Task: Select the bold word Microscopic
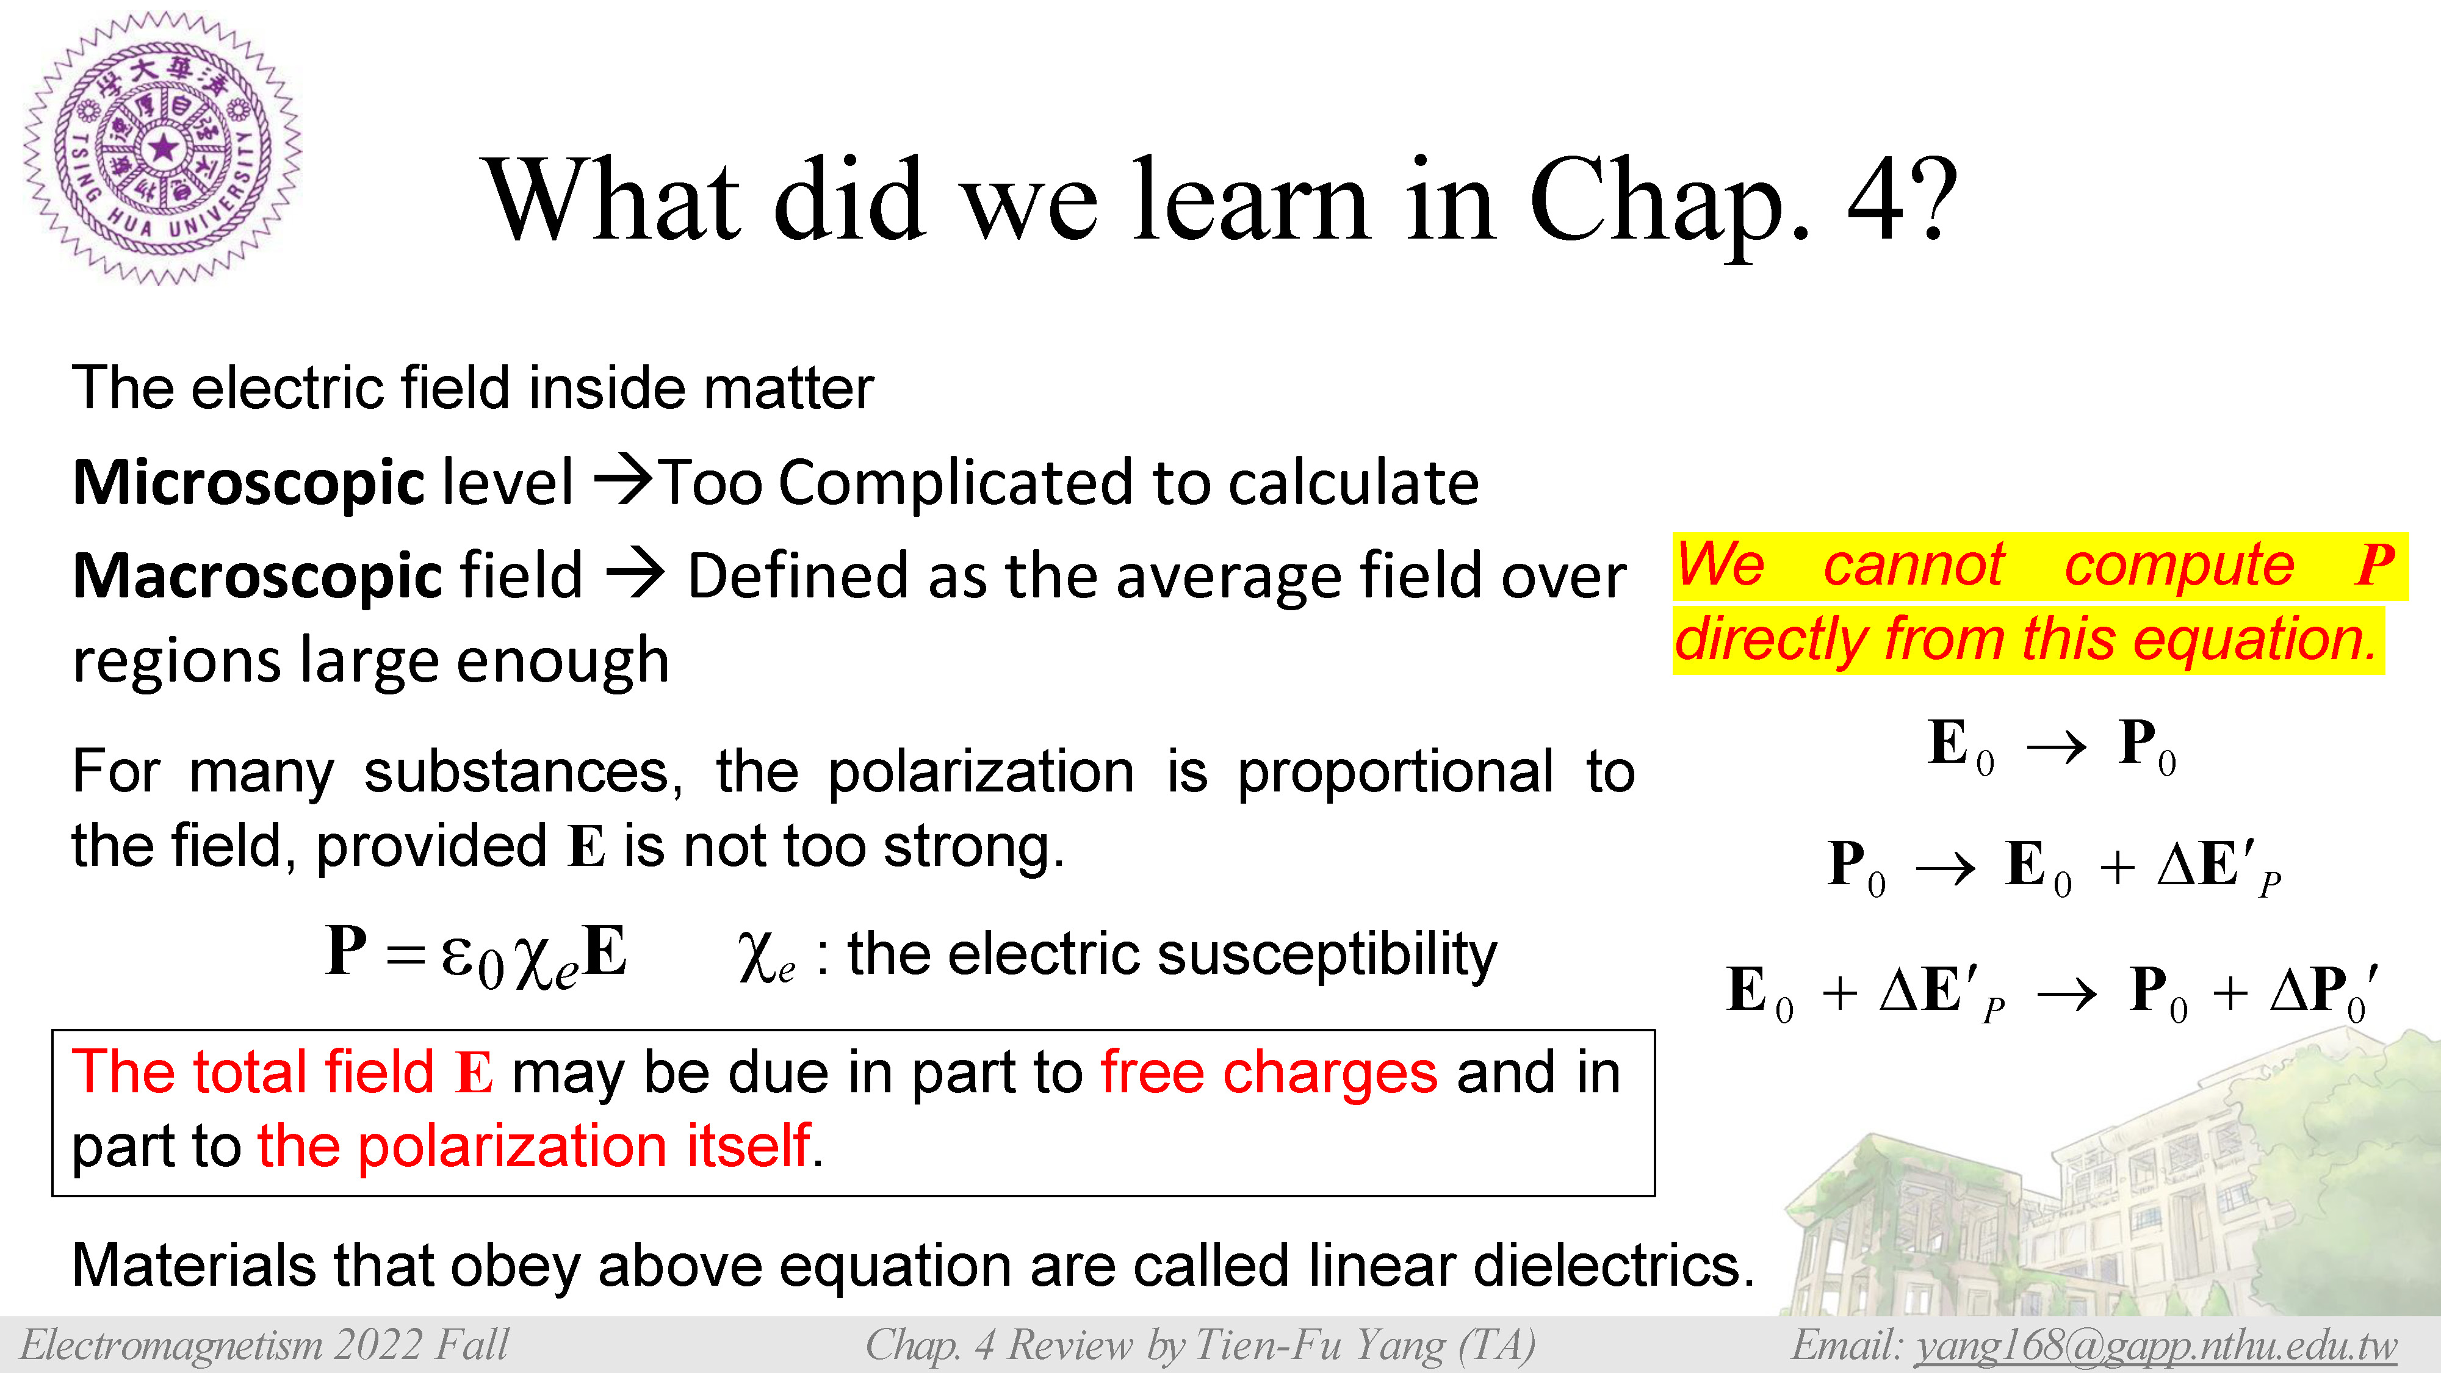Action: (x=248, y=483)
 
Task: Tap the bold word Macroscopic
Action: (x=258, y=576)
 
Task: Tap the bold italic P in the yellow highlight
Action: (x=2374, y=566)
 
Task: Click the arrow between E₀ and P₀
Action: (x=2057, y=748)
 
